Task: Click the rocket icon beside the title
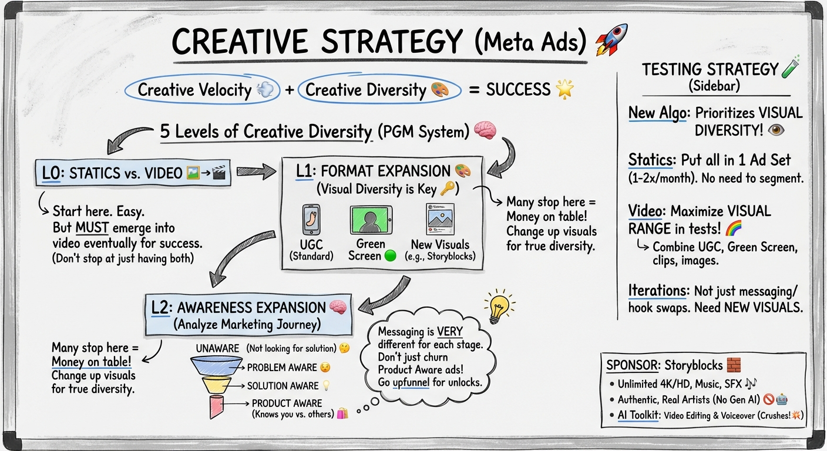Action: [x=611, y=39]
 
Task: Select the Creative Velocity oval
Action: [x=202, y=90]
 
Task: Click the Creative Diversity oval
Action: [x=379, y=90]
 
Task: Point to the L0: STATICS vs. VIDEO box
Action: [x=133, y=173]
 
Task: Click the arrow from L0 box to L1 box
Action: [x=256, y=171]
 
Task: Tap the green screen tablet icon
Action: [x=371, y=220]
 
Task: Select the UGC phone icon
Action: [x=311, y=220]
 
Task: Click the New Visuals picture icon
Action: [x=440, y=219]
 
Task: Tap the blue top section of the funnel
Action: [x=216, y=366]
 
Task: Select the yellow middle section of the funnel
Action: [x=216, y=385]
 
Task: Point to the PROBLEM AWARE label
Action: [x=282, y=368]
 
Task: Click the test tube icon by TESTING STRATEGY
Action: [x=791, y=66]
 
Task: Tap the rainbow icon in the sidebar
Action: [x=734, y=228]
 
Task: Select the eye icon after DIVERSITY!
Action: [x=776, y=130]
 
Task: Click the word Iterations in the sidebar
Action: [x=658, y=291]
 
